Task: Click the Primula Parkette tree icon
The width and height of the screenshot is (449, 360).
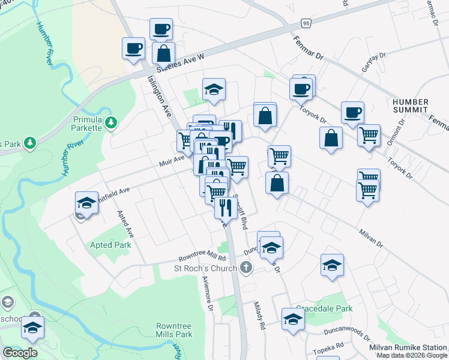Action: [x=110, y=123]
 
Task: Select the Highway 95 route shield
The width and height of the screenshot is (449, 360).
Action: [x=306, y=23]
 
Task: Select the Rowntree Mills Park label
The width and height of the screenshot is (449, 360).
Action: [x=173, y=329]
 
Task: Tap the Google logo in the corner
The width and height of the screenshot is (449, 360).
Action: [x=20, y=352]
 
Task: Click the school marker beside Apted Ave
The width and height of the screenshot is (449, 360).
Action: [x=86, y=203]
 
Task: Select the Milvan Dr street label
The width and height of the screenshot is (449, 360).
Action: [x=371, y=236]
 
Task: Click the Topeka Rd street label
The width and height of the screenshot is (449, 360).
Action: [x=327, y=347]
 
